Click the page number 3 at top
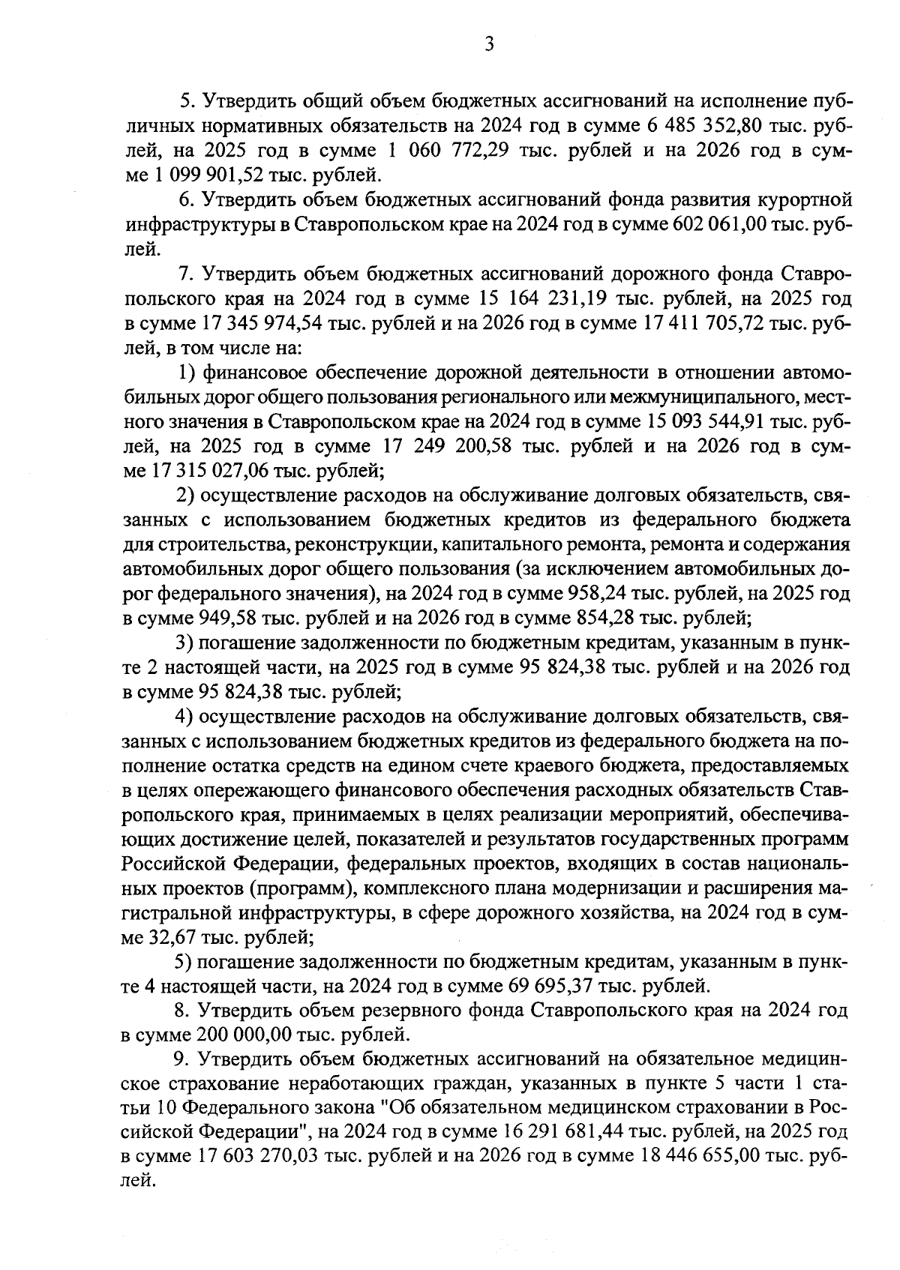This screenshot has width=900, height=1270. tap(489, 44)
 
